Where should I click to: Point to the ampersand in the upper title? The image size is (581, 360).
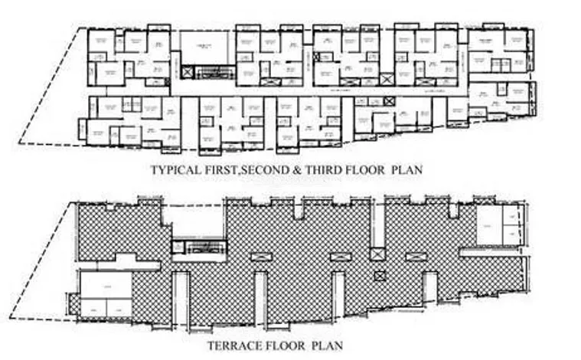(302, 169)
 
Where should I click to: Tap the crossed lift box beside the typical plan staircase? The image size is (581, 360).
(189, 73)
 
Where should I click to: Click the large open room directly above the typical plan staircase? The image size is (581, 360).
(204, 48)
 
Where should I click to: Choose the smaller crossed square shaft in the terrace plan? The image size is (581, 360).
(377, 276)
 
